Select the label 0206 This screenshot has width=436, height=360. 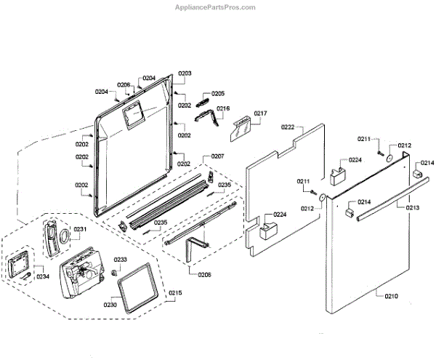tap(124, 84)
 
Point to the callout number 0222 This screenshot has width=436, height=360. tap(288, 127)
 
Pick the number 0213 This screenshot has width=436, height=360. tap(412, 207)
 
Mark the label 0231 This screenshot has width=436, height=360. tap(80, 230)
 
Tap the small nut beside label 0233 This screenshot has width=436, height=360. tap(113, 271)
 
